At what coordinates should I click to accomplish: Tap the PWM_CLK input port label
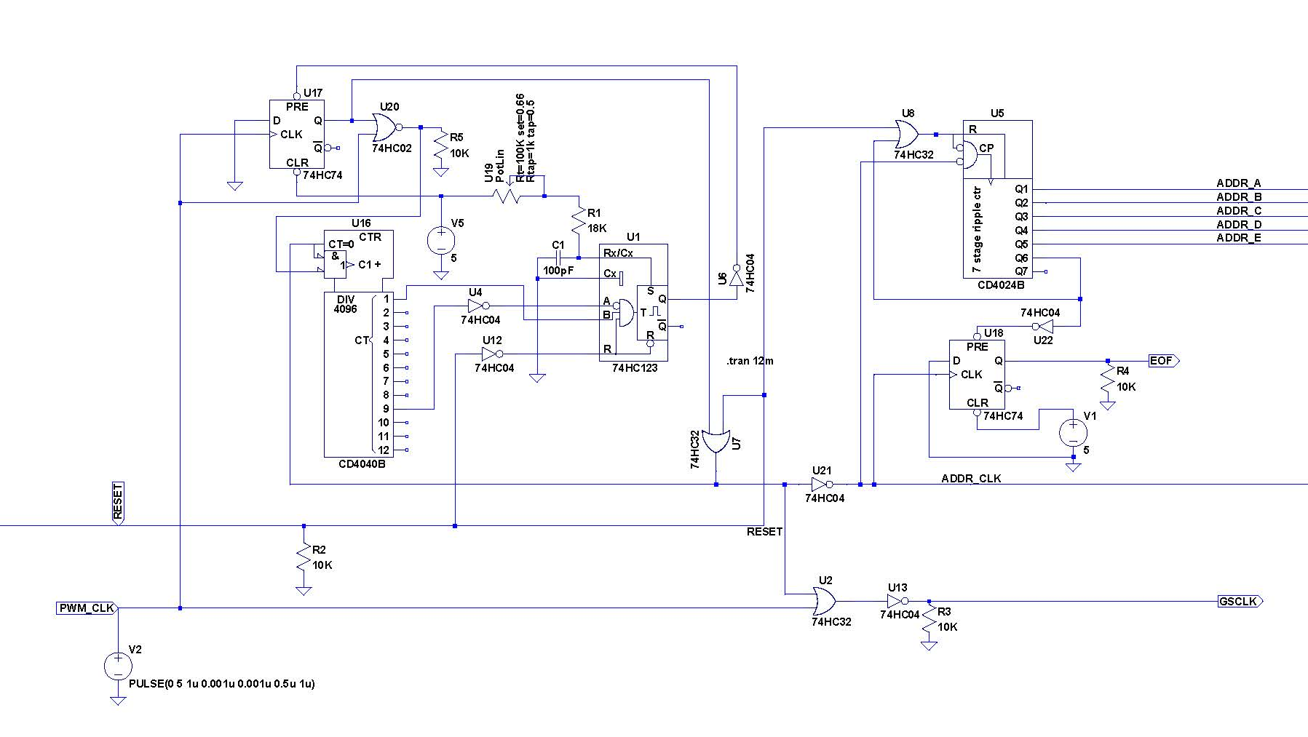87,608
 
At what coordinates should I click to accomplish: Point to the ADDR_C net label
1239,210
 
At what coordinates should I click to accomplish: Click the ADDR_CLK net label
971,479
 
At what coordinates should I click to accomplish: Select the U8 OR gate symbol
907,135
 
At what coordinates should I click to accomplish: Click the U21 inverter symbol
822,485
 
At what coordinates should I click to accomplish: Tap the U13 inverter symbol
897,602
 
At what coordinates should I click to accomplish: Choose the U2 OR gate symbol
825,602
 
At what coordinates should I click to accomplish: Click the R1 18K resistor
579,220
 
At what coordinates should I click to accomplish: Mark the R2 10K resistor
304,558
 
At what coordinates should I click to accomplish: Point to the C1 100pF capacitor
558,258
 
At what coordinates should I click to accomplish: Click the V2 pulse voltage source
118,666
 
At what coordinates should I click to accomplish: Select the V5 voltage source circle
441,240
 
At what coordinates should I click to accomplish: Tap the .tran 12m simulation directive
750,361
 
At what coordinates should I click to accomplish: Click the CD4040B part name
362,464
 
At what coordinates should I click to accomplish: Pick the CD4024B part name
1000,285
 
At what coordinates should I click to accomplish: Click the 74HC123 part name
634,368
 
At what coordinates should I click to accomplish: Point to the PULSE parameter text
221,684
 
